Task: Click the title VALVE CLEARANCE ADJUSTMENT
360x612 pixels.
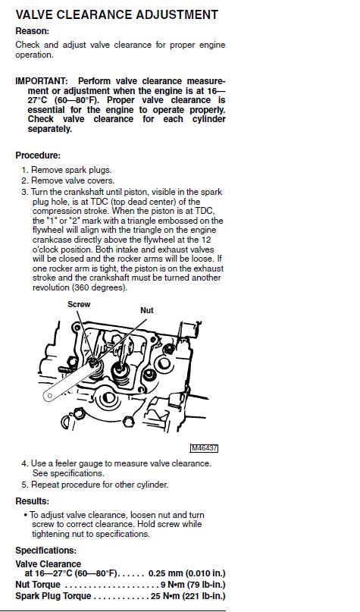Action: [x=117, y=15]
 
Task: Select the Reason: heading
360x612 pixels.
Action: [x=33, y=31]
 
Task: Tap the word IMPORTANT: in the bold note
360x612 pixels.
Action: [x=42, y=81]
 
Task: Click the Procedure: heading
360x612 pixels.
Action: [x=38, y=155]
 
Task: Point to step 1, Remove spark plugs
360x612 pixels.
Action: [x=67, y=170]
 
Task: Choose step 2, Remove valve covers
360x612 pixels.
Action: [x=68, y=180]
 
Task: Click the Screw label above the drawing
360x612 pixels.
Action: [x=79, y=304]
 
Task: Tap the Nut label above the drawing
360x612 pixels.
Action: [x=147, y=310]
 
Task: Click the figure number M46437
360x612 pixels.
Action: [x=204, y=448]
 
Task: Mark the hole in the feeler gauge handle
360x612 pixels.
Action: [x=49, y=396]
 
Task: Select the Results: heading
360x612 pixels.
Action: [x=33, y=501]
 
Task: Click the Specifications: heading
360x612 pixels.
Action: [x=46, y=551]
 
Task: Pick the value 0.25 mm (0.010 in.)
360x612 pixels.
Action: [x=187, y=574]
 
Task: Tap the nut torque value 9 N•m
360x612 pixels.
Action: [x=172, y=585]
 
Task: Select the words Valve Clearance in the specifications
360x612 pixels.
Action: [x=48, y=564]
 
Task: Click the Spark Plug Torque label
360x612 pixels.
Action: [x=53, y=596]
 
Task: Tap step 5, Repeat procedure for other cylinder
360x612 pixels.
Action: [x=95, y=485]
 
